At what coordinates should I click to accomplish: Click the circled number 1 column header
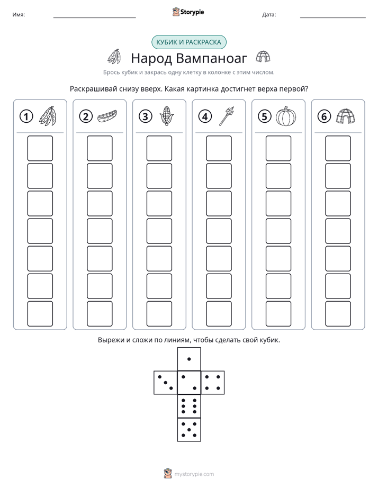click(x=26, y=116)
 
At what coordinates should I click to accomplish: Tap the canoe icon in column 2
click(x=107, y=116)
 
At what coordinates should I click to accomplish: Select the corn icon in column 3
click(x=167, y=116)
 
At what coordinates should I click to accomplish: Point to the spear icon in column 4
click(x=227, y=116)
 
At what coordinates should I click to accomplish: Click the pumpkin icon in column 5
click(x=286, y=116)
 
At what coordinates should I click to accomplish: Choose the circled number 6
click(x=324, y=116)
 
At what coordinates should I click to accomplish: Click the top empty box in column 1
click(x=40, y=148)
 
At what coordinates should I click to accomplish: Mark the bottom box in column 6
click(x=338, y=314)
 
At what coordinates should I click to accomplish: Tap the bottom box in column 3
click(x=159, y=314)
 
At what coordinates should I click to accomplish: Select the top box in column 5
click(x=278, y=148)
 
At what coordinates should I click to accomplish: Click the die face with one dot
click(x=189, y=359)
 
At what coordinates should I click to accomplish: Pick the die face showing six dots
click(x=189, y=406)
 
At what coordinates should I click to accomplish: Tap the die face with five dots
click(x=189, y=430)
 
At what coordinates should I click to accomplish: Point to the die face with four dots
click(x=213, y=383)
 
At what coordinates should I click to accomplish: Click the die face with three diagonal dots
click(x=165, y=383)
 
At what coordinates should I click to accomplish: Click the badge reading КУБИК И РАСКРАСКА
click(x=188, y=42)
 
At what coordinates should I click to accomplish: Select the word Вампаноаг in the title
click(x=211, y=58)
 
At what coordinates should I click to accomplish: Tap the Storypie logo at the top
click(x=188, y=12)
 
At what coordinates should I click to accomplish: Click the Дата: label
click(x=269, y=14)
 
